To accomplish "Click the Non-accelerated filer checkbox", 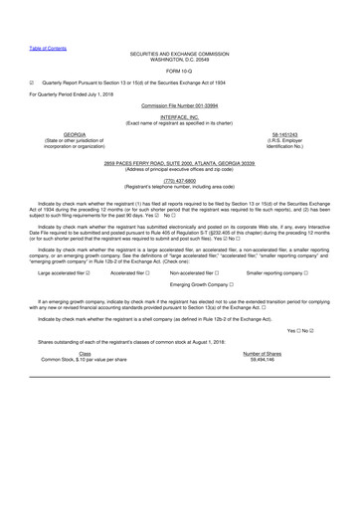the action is [x=226, y=271].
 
